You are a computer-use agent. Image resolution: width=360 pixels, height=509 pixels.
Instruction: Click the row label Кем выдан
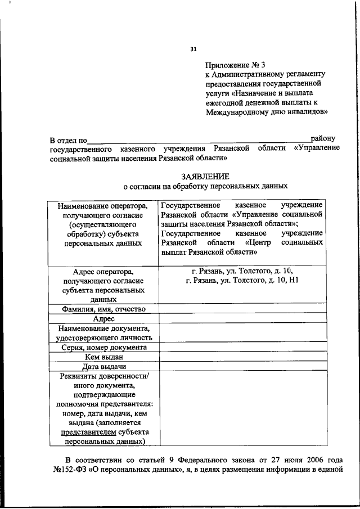tap(104, 357)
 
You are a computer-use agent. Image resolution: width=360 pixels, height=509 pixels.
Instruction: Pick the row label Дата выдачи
tap(104, 366)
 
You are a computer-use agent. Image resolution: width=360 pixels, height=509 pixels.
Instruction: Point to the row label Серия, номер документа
tap(104, 347)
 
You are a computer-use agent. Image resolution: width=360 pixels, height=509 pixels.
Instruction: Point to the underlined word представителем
tap(85, 431)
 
